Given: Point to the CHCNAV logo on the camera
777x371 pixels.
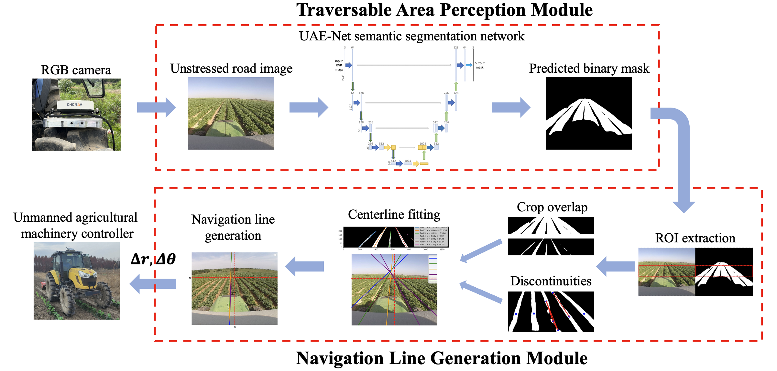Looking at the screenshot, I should click(x=75, y=105).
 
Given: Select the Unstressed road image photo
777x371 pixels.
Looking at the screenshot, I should click(x=231, y=113).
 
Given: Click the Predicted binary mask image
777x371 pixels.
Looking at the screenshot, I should click(x=588, y=113).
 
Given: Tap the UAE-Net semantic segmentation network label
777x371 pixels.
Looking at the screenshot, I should click(x=412, y=36).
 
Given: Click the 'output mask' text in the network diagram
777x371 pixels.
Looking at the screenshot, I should click(x=479, y=65).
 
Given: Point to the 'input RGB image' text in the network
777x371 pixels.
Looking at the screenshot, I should click(x=339, y=65).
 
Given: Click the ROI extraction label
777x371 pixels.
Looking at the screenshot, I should click(x=695, y=238).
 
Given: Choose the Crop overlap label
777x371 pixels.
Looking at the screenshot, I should click(x=552, y=207).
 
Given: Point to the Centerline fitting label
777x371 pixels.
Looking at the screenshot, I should click(x=394, y=215).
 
